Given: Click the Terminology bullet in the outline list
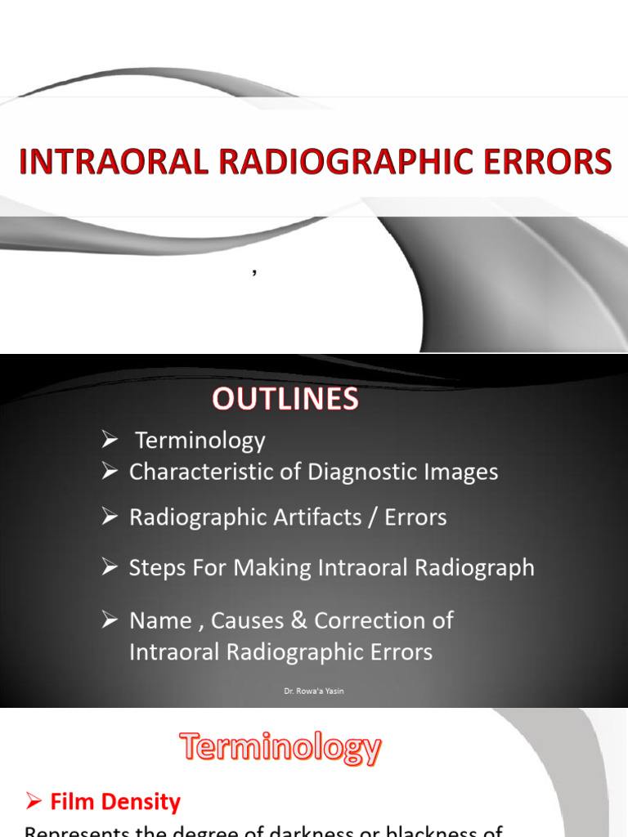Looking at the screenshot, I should point(200,441).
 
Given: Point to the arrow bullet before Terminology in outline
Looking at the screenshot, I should point(110,441).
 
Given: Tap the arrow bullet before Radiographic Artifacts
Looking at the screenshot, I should point(110,517).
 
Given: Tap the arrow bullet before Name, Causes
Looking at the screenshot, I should point(110,620).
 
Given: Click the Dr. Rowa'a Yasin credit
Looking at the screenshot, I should point(313,692).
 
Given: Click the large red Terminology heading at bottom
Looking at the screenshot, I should point(280,748).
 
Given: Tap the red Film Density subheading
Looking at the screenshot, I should point(114,802).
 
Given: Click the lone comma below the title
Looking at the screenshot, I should point(254,274).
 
